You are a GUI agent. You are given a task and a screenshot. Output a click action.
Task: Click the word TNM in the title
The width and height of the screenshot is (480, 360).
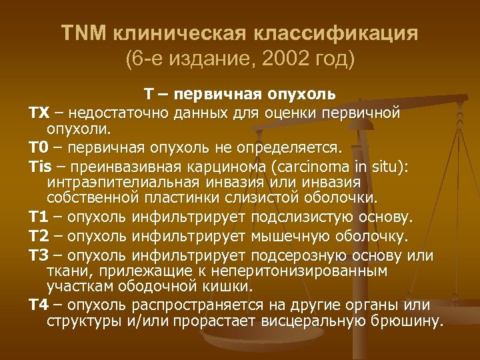pyautogui.click(x=79, y=33)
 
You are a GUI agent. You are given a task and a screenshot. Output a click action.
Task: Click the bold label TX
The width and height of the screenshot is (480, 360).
pyautogui.click(x=38, y=112)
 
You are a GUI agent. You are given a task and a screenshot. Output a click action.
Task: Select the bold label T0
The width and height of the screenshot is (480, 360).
pyautogui.click(x=38, y=147)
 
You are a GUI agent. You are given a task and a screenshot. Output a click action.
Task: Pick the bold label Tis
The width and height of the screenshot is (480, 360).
pyautogui.click(x=39, y=164)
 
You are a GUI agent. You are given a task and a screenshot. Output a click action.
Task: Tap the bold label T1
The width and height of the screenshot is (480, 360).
pyautogui.click(x=38, y=217)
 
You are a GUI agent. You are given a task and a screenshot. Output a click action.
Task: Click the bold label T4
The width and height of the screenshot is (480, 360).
pyautogui.click(x=38, y=305)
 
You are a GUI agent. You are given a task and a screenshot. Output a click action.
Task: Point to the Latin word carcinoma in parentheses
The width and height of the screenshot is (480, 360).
pyautogui.click(x=319, y=164)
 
